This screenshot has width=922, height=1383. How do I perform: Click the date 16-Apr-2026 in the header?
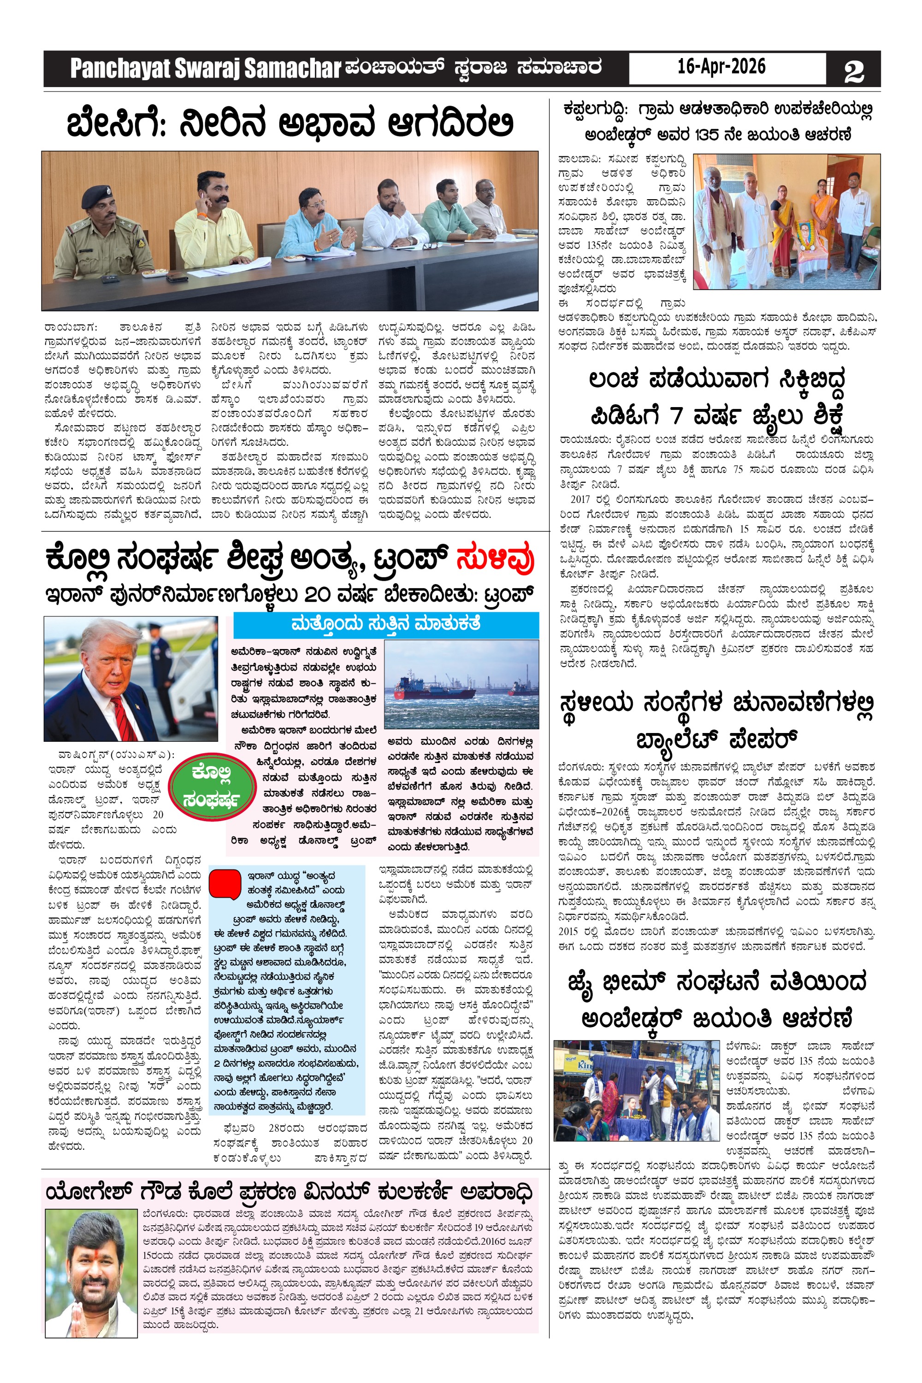[721, 66]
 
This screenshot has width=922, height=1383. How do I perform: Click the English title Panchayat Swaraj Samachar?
[205, 69]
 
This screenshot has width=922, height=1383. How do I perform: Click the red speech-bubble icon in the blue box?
[225, 883]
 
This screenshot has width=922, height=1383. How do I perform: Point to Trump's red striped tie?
[124, 717]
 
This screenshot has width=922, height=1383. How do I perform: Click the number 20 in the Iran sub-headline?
[318, 595]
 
